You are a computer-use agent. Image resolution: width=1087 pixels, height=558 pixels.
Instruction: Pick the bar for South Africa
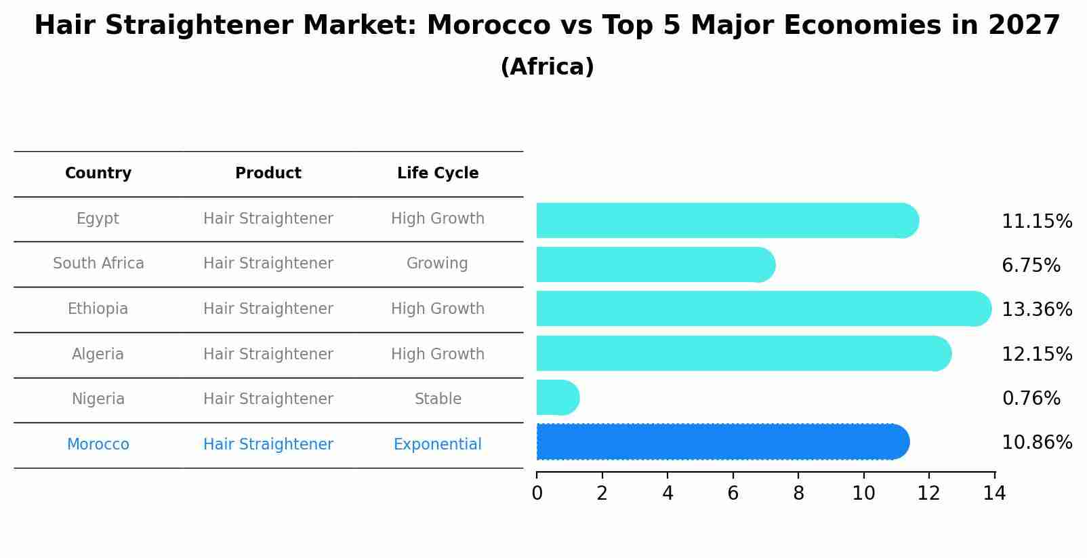pyautogui.click(x=655, y=264)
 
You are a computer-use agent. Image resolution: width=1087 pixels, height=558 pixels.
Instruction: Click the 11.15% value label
pyautogui.click(x=1036, y=222)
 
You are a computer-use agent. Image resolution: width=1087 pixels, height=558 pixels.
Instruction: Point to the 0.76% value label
pyautogui.click(x=1031, y=399)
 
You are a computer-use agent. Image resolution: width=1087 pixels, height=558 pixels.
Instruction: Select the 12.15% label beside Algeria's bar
pyautogui.click(x=1036, y=355)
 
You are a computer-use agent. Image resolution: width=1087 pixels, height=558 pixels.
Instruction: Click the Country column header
pyautogui.click(x=98, y=174)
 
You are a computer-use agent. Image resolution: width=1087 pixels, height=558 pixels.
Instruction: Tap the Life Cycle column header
pyautogui.click(x=438, y=174)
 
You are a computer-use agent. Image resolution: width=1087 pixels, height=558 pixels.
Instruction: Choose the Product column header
pyautogui.click(x=268, y=174)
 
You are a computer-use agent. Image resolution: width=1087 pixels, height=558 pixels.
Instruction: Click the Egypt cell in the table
pyautogui.click(x=98, y=219)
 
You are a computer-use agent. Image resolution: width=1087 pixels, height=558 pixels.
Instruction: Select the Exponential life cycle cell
pyautogui.click(x=438, y=445)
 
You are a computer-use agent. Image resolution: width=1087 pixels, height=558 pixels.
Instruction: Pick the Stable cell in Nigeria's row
pyautogui.click(x=438, y=399)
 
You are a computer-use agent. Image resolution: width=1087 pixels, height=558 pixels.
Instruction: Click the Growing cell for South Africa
pyautogui.click(x=437, y=264)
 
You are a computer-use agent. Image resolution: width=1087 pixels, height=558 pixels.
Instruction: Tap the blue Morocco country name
pyautogui.click(x=98, y=445)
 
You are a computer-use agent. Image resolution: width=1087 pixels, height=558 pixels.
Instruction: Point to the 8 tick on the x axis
pyautogui.click(x=798, y=494)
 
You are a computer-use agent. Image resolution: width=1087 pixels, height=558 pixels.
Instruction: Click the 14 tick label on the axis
pyautogui.click(x=994, y=494)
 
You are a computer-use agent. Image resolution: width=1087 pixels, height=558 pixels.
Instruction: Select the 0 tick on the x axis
pyautogui.click(x=537, y=494)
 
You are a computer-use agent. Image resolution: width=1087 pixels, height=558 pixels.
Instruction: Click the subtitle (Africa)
pyautogui.click(x=547, y=67)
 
